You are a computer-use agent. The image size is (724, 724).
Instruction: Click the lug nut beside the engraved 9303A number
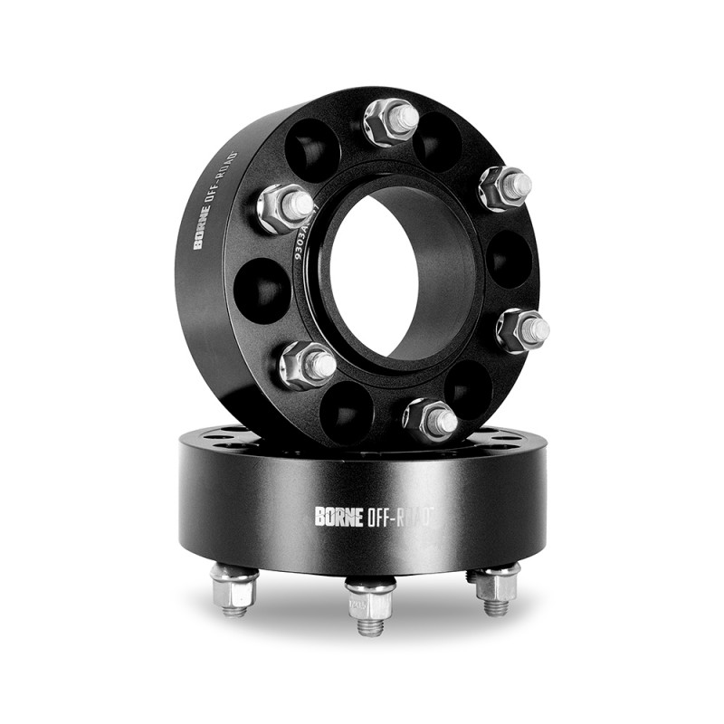pos(285,207)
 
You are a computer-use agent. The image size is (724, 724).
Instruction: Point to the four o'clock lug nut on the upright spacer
pos(523,329)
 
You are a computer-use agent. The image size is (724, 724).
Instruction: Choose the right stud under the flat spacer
pos(496,589)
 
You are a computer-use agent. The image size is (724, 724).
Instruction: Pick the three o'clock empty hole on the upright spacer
pos(510,259)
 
